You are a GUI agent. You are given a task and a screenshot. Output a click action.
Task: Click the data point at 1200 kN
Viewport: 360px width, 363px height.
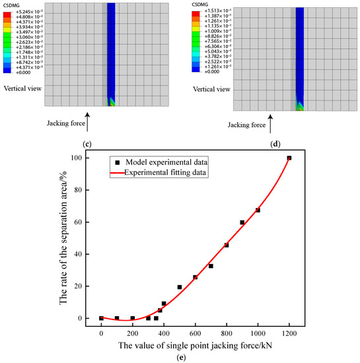click(289, 158)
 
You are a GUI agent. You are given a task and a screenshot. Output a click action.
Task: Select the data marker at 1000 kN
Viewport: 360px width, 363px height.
click(258, 211)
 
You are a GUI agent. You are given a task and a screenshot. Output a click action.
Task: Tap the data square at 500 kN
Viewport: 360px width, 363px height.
click(180, 287)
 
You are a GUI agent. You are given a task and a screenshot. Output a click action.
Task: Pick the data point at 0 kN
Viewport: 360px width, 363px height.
click(101, 318)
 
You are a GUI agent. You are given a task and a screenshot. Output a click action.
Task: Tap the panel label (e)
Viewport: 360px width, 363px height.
click(195, 357)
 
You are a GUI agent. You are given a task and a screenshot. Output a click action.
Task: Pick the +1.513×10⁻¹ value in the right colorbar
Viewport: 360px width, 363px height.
click(215, 13)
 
